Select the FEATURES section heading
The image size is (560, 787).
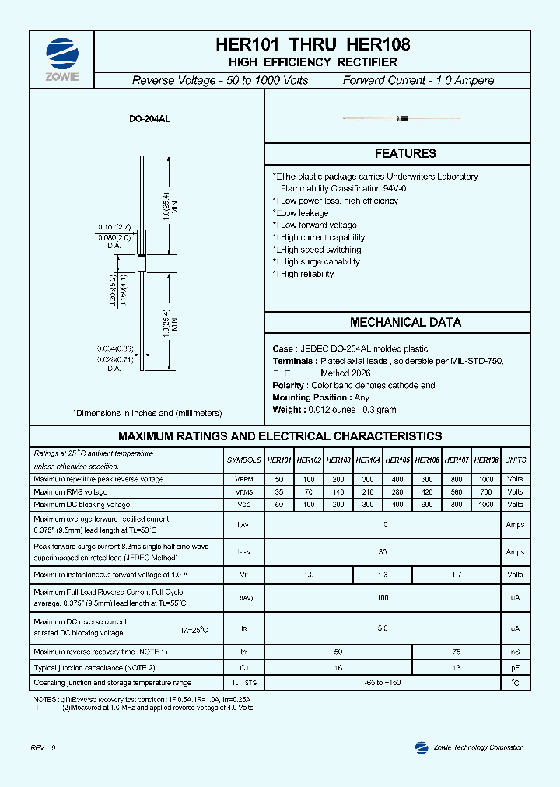tap(405, 154)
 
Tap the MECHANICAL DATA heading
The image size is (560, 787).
tap(405, 322)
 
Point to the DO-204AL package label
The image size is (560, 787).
tap(149, 119)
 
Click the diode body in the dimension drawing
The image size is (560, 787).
tap(142, 263)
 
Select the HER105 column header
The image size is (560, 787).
tap(397, 460)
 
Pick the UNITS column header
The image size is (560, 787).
tap(515, 460)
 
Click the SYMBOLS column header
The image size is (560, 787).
tap(243, 460)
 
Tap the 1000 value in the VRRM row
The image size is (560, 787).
tap(486, 480)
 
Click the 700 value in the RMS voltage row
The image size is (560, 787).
tap(486, 492)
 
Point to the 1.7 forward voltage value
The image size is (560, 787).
tap(456, 575)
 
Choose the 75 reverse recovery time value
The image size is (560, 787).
tap(456, 651)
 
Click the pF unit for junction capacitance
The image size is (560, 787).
tap(515, 668)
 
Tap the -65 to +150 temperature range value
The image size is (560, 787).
tap(383, 683)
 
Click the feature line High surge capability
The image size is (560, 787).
tap(320, 262)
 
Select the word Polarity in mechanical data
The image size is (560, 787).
tap(289, 386)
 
